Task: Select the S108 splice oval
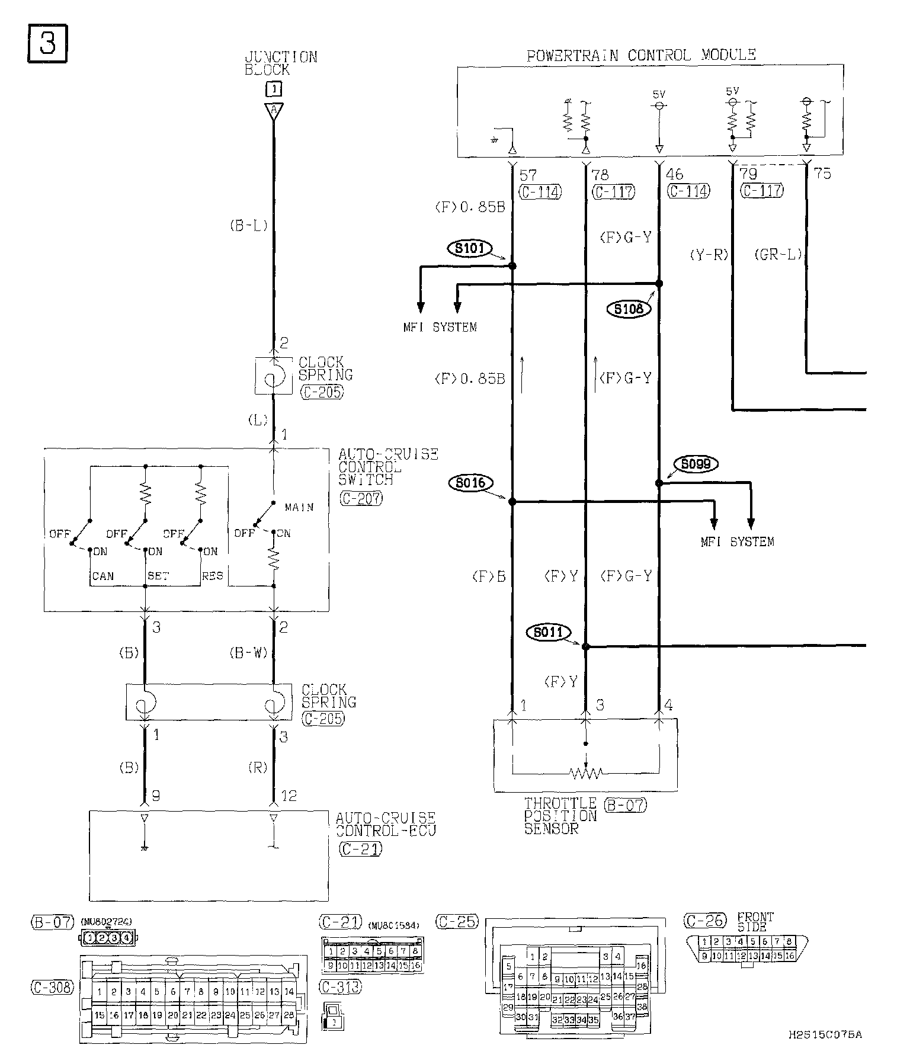[x=629, y=309]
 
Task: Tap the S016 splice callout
[x=470, y=483]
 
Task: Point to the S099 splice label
[x=696, y=464]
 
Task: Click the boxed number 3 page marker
[x=47, y=43]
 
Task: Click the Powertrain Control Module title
[x=641, y=56]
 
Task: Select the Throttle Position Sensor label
[x=560, y=816]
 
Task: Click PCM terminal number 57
[x=527, y=175]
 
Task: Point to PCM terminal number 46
[x=674, y=175]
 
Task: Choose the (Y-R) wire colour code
[x=709, y=255]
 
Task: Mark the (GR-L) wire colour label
[x=778, y=255]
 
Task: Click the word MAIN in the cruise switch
[x=299, y=507]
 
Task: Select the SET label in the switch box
[x=158, y=576]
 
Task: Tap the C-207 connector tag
[x=361, y=498]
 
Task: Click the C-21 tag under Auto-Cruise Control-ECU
[x=360, y=848]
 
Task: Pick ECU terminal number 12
[x=289, y=796]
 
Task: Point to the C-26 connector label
[x=704, y=921]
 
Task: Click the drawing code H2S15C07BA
[x=825, y=1034]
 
